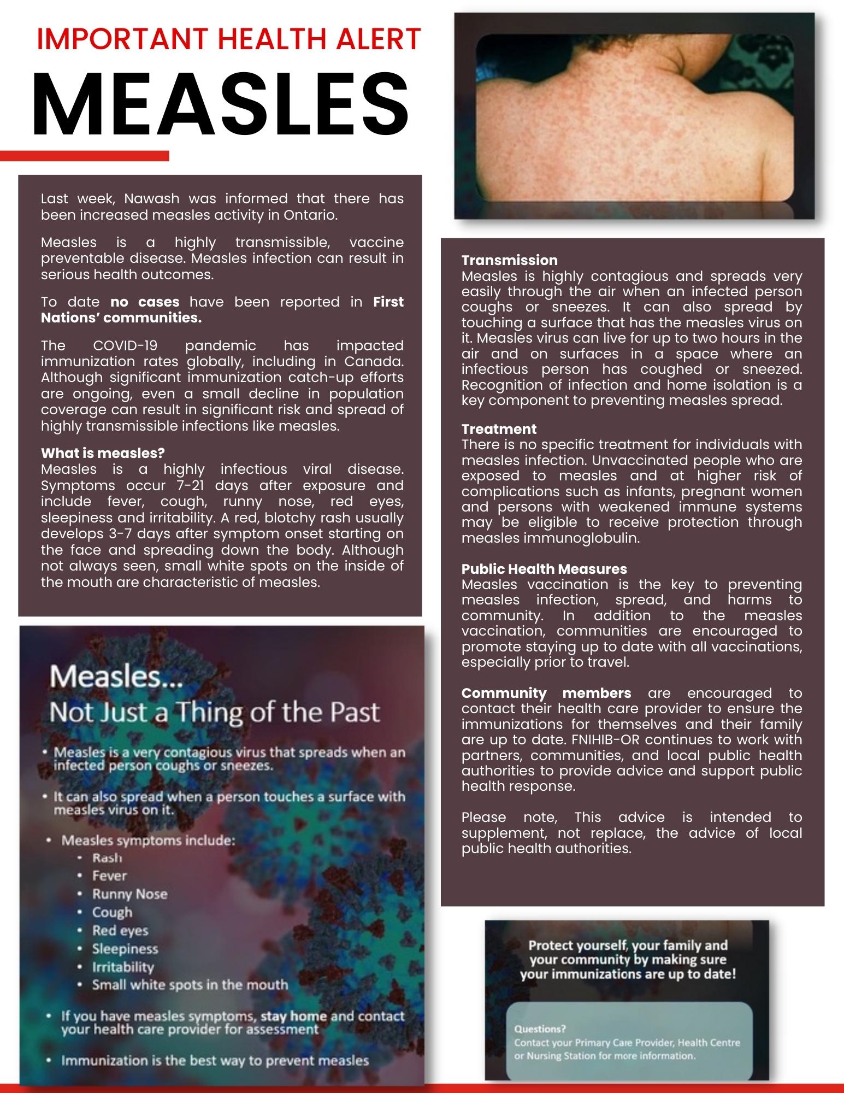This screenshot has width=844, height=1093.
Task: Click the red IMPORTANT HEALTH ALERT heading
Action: tap(228, 39)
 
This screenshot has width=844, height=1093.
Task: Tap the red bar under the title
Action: tap(85, 156)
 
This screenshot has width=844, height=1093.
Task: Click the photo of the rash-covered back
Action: tap(634, 116)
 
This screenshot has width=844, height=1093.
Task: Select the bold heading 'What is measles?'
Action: tap(103, 453)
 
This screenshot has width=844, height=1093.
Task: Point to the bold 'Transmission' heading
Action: tap(509, 260)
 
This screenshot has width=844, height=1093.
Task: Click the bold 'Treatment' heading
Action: tap(499, 429)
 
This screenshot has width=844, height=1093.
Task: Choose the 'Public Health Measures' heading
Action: tap(544, 569)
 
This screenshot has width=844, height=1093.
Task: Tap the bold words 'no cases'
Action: tap(145, 302)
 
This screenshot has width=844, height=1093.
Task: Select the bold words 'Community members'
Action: tap(546, 693)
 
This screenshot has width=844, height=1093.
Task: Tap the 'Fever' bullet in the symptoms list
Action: tap(109, 875)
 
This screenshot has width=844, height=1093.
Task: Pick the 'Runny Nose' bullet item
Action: tap(129, 894)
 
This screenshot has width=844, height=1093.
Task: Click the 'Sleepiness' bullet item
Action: tap(125, 949)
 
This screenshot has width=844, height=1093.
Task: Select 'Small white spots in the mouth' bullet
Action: tap(190, 985)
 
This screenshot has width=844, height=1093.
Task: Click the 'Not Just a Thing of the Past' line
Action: tap(214, 712)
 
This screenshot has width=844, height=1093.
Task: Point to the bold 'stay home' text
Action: tap(294, 1016)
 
